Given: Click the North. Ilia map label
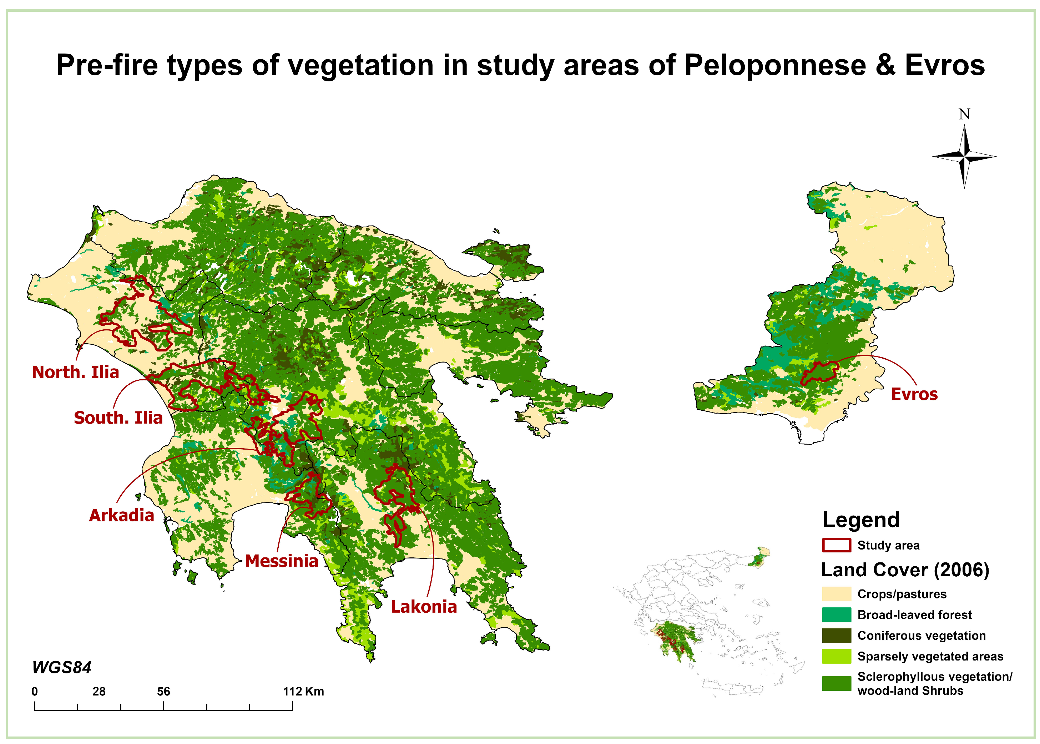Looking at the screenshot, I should [75, 372].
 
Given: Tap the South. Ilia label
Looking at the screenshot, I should [118, 418].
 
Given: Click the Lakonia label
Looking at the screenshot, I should [424, 607].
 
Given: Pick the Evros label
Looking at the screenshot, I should [914, 394].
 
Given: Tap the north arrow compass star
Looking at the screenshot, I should [964, 157].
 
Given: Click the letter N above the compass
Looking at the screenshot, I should [964, 114].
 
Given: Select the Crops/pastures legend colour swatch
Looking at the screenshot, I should [837, 594].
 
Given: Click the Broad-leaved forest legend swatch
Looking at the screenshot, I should [837, 615].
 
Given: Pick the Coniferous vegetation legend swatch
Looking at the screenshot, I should [837, 636].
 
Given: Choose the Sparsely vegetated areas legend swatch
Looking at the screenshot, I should [837, 657].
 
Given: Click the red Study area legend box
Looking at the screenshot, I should [837, 545].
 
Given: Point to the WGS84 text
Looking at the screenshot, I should [62, 668].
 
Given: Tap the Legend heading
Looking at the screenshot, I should [861, 520].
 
